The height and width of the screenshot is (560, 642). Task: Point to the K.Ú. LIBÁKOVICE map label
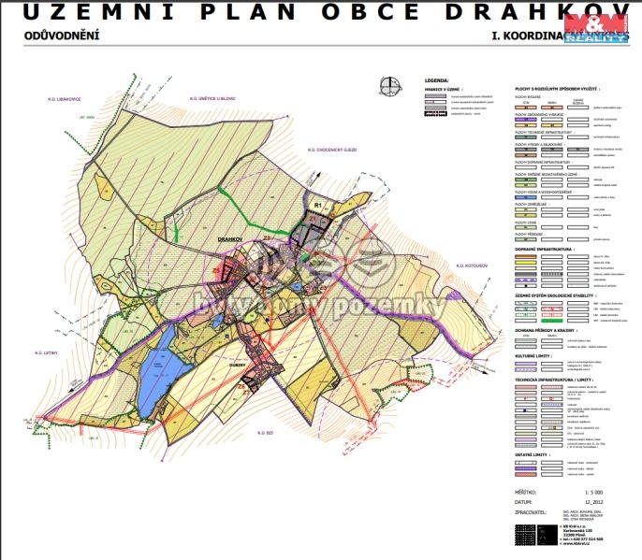point(67,98)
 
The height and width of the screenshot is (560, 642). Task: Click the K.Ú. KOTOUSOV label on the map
point(474,268)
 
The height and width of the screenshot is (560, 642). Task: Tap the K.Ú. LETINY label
point(48,353)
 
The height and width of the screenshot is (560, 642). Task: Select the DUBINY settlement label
point(235,352)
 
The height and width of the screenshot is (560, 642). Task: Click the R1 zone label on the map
point(318,205)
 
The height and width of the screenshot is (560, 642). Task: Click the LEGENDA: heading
point(437,81)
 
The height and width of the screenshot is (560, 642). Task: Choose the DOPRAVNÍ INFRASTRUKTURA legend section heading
point(546,250)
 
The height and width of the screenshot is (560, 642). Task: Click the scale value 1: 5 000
point(592,490)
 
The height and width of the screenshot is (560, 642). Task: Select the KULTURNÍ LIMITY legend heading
point(533,356)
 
